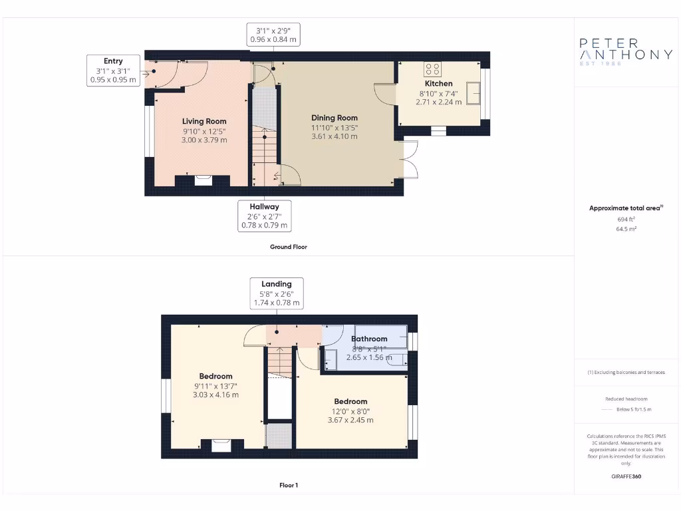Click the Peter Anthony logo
coord(626,51)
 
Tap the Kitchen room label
coord(439,84)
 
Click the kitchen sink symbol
coord(474,92)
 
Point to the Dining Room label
coord(335,118)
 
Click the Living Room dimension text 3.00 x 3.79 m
coord(205,140)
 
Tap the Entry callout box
coord(113,71)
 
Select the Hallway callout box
coord(264,216)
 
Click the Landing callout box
coord(277,293)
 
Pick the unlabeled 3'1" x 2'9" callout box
coord(273,35)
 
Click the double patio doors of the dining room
coord(410,160)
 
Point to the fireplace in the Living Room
coord(203,179)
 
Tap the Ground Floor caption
coord(289,247)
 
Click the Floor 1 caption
coord(289,485)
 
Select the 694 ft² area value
coord(626,218)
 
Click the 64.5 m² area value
coord(626,228)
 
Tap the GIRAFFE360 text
coord(626,476)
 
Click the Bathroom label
coord(369,339)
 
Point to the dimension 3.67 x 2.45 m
coord(350,420)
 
